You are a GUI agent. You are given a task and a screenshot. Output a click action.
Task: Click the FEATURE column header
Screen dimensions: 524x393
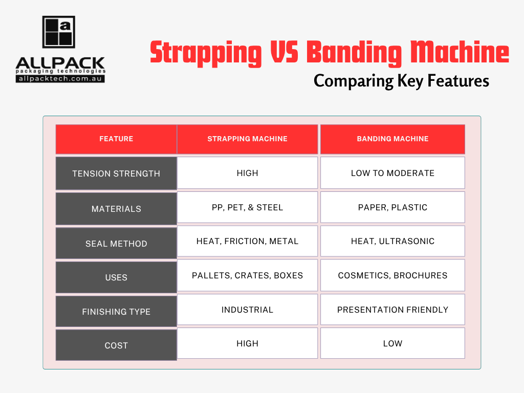[116, 139]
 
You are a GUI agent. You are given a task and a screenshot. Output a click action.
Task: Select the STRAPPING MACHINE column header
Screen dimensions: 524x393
[247, 139]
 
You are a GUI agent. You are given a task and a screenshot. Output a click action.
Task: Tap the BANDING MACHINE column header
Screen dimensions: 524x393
[392, 139]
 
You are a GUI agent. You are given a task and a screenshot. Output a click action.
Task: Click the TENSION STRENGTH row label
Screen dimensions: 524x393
[116, 174]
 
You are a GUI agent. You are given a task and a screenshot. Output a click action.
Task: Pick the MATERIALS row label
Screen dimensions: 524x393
[116, 209]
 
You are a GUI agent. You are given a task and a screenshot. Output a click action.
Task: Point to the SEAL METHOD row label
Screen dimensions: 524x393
[116, 244]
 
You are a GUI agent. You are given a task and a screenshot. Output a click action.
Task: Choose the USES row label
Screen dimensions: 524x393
[116, 278]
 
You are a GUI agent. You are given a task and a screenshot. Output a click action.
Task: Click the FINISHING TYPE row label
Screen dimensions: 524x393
[116, 312]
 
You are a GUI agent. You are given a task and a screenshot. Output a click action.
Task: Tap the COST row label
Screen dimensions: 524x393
[116, 345]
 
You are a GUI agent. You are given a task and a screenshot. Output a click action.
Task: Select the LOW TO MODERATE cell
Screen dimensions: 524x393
[392, 173]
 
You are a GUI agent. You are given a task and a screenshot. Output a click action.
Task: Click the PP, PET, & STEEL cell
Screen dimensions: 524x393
[247, 208]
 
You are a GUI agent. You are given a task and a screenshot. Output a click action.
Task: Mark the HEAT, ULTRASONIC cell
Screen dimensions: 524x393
[392, 242]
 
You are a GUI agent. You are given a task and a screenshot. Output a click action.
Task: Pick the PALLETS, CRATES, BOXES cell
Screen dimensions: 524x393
[247, 275]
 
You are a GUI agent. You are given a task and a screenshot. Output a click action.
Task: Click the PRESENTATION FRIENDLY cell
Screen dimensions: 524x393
[392, 310]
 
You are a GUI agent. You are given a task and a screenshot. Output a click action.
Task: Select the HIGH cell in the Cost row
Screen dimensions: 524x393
[247, 343]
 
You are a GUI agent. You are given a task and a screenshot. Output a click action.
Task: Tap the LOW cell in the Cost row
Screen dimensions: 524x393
[392, 343]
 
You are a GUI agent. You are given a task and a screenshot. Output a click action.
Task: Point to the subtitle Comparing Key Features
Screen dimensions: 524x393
[401, 81]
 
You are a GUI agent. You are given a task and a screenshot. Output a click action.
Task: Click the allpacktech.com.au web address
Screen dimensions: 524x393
[60, 79]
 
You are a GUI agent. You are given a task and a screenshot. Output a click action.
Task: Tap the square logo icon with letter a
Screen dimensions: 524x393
[58, 32]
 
